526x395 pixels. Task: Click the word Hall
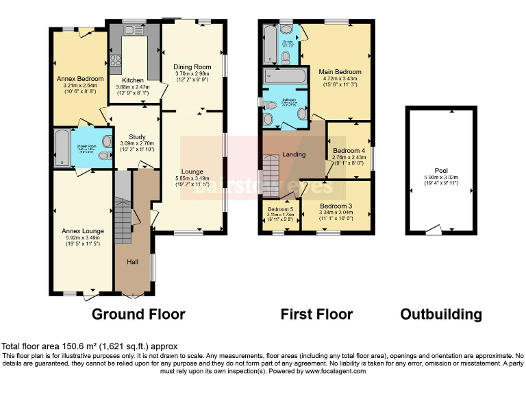(133, 261)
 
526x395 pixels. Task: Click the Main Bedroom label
(339, 71)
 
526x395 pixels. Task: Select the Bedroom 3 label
(336, 206)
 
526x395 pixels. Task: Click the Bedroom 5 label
(280, 208)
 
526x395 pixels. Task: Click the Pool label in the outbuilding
(440, 171)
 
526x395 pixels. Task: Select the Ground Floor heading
(138, 315)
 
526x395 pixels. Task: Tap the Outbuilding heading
(440, 315)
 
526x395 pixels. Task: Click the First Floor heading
(316, 315)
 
